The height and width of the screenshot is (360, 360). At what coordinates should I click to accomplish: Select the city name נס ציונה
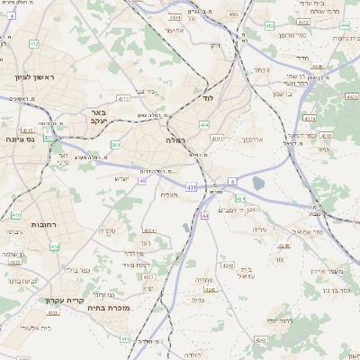pyautogui.click(x=19, y=139)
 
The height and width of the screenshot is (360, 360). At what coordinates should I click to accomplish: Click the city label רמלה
pyautogui.click(x=175, y=140)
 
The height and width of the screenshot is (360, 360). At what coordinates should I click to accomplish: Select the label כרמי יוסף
pyautogui.click(x=282, y=321)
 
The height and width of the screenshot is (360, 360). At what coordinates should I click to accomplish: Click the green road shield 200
pyautogui.click(x=115, y=145)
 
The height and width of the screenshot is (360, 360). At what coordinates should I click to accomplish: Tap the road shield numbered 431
pyautogui.click(x=192, y=187)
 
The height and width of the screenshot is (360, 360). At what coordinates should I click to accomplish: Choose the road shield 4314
pyautogui.click(x=310, y=118)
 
